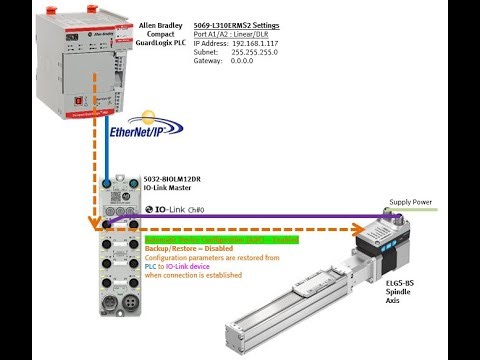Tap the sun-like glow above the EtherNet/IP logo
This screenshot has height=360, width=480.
tap(150, 116)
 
